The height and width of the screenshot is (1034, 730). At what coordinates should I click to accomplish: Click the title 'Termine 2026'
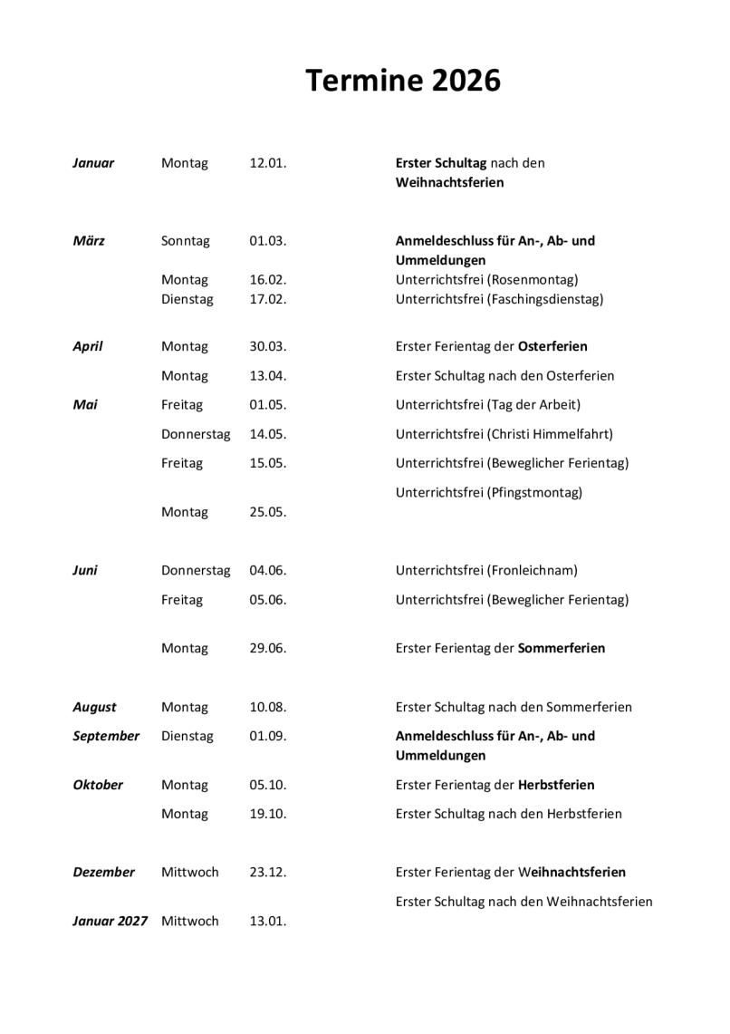[x=402, y=81]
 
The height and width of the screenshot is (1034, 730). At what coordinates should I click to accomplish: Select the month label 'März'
[x=89, y=241]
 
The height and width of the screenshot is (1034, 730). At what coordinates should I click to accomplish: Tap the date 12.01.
[x=268, y=163]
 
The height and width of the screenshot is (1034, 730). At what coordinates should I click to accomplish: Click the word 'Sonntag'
[x=185, y=241]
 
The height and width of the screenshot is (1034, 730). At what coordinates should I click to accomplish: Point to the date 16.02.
[x=268, y=279]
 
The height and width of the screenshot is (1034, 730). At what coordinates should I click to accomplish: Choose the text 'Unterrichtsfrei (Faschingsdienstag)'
[x=499, y=298]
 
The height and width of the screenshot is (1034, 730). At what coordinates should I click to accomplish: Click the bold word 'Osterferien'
[x=552, y=346]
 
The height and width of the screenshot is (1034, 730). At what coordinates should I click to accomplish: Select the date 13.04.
[x=268, y=375]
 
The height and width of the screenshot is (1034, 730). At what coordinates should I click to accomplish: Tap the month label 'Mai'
[x=85, y=404]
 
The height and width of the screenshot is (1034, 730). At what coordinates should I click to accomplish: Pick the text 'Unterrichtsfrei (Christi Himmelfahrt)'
[x=504, y=434]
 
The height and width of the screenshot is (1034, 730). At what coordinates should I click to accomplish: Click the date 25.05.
[x=268, y=512]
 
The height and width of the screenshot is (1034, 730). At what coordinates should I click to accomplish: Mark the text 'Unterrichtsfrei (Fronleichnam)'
[x=486, y=570]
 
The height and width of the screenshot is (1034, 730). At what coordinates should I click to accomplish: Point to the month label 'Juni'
[x=85, y=570]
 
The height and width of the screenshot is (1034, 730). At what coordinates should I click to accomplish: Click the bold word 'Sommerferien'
[x=562, y=648]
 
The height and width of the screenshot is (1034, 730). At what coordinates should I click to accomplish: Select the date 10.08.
[x=268, y=707]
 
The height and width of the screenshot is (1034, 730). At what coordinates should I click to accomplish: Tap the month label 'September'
[x=106, y=736]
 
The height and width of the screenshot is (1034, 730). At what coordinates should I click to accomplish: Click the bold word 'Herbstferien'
[x=556, y=785]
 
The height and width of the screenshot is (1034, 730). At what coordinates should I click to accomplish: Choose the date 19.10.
[x=268, y=814]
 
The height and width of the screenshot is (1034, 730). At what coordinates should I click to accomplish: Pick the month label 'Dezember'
[x=103, y=872]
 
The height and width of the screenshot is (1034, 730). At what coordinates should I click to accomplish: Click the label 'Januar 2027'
[x=110, y=921]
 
